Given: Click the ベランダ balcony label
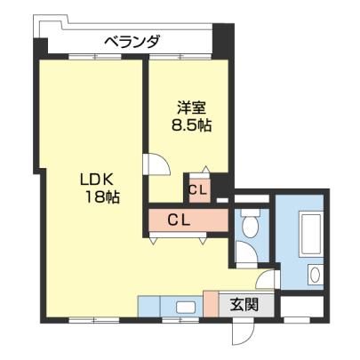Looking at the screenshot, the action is coord(132,42).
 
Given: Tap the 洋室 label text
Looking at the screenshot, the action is coord(191,108).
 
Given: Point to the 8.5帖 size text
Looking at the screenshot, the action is coord(191,126).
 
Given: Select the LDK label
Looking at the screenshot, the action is coord(96,180).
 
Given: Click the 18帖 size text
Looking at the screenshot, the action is coord(102,196).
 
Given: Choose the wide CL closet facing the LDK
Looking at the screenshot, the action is coord(188,220).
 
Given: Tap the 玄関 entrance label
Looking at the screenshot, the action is coord(244,304).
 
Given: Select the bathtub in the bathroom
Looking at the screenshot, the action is coord(310,234).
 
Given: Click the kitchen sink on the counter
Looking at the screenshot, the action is coord(186,307).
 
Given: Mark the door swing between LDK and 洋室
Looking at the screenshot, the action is coord(156,164).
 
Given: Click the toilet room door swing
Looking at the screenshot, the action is coord(246,252).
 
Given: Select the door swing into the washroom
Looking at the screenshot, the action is coord(267,278).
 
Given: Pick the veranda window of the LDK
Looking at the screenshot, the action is coord(95,57).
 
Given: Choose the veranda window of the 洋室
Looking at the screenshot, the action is coord(180,57).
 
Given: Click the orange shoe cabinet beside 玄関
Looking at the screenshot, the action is coord(211,304).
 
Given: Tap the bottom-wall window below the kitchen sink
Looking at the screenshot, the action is coord(180,320).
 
